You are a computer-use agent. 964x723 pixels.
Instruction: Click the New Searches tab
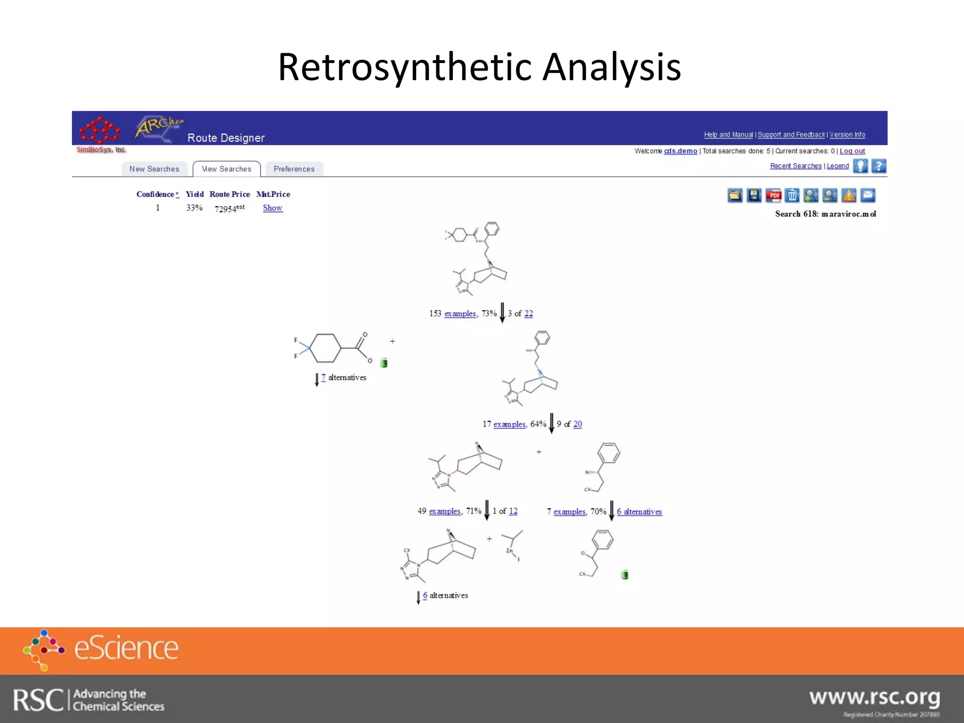tap(154, 169)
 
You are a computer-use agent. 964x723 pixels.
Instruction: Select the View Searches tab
tap(226, 169)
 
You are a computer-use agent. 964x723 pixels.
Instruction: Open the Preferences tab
tap(294, 169)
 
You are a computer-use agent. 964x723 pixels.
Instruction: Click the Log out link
tap(852, 151)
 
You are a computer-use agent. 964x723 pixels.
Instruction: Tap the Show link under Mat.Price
tap(273, 208)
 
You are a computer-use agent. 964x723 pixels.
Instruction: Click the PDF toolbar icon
tap(773, 195)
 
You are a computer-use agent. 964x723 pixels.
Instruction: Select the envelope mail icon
tap(868, 195)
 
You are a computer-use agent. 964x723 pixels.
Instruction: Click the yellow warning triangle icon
tap(849, 195)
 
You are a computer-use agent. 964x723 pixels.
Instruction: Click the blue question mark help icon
tap(878, 166)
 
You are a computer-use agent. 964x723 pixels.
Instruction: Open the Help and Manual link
tap(728, 135)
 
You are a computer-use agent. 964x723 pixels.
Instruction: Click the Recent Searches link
tap(795, 166)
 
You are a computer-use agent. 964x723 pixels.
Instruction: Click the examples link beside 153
tap(460, 313)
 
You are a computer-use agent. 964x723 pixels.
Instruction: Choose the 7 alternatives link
tap(323, 378)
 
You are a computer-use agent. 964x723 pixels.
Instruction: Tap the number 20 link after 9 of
tap(578, 424)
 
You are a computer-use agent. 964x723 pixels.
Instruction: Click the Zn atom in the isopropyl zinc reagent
tap(509, 551)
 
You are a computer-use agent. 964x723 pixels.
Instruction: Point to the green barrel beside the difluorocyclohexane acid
tap(384, 362)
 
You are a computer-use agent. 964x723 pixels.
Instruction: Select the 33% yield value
tap(194, 208)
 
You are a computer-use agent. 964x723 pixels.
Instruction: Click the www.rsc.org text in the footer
tap(874, 698)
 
